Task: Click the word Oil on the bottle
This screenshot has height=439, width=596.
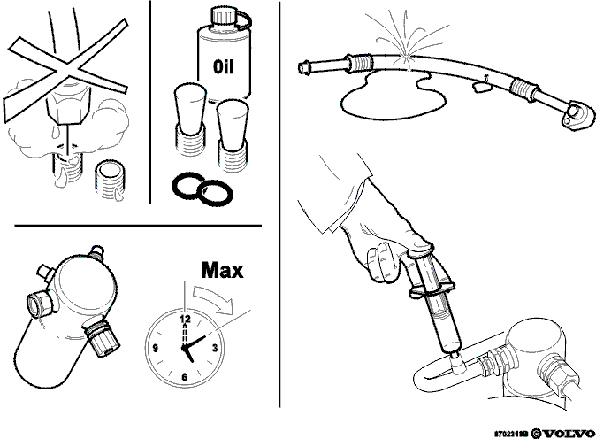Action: point(223,67)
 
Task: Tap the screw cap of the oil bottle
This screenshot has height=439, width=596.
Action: point(220,17)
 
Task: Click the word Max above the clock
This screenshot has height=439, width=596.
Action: point(222,270)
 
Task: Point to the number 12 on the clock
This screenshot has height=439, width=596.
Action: point(186,319)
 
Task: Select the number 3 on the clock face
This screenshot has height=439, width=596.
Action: point(215,348)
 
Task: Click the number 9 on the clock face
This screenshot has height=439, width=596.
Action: point(155,348)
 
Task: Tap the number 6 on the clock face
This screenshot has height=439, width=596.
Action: point(185,377)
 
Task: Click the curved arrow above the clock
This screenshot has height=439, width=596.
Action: point(212,299)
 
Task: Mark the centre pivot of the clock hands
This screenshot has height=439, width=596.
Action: point(184,347)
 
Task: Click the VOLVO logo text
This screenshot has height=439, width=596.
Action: point(569,434)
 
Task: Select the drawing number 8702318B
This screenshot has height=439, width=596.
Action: point(511,434)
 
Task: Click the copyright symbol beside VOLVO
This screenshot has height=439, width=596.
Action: point(536,434)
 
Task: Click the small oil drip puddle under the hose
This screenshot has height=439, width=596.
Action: point(481,87)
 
